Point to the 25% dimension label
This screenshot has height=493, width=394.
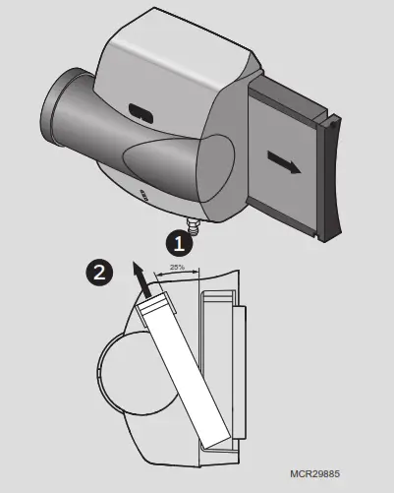pyautogui.click(x=177, y=267)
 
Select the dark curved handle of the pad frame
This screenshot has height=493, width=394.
pyautogui.click(x=331, y=177)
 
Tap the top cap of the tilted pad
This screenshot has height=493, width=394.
pyautogui.click(x=155, y=307)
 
